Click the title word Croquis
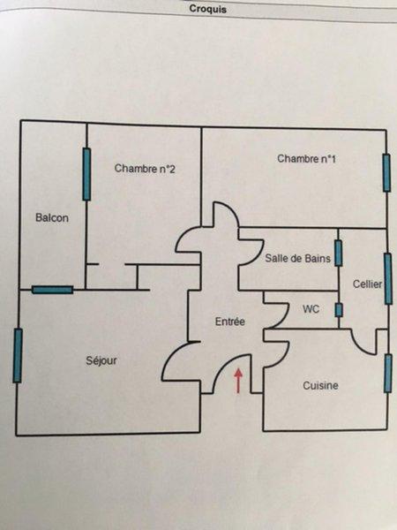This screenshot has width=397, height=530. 207,9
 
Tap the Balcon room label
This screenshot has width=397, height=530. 52,217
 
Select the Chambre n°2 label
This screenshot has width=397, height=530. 145,169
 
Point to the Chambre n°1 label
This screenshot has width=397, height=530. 306,158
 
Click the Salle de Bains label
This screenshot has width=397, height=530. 298,258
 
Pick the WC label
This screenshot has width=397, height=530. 311,309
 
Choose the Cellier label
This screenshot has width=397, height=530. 367,284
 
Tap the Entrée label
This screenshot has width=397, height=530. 230,322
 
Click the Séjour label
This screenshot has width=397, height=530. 101,360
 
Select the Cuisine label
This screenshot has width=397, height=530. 320,385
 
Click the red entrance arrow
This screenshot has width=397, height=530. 239,381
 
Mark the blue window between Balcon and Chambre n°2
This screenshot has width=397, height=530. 86,174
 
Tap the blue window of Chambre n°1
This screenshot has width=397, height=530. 386,173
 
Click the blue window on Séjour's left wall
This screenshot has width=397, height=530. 18,356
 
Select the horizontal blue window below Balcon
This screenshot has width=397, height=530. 52,290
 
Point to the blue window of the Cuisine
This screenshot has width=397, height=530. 388,373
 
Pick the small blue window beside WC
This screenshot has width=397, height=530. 339,310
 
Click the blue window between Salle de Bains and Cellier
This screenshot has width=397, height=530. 338,254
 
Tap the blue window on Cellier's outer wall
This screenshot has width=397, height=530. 388,278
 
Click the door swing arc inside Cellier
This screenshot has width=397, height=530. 360,347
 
